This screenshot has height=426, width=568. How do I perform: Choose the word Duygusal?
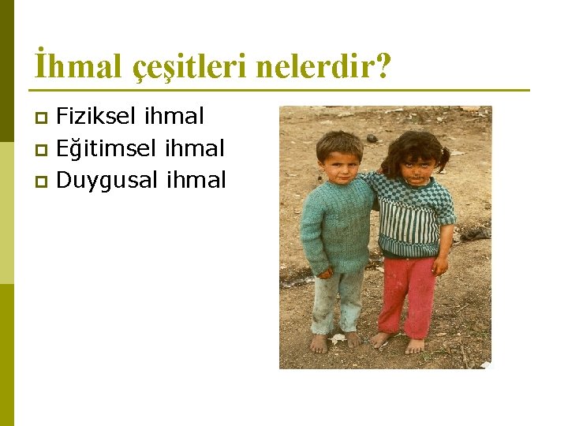[108, 181]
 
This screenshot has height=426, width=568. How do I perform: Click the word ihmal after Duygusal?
[196, 180]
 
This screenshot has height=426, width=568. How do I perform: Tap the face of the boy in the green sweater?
[340, 162]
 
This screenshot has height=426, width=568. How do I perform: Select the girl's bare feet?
[399, 342]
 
